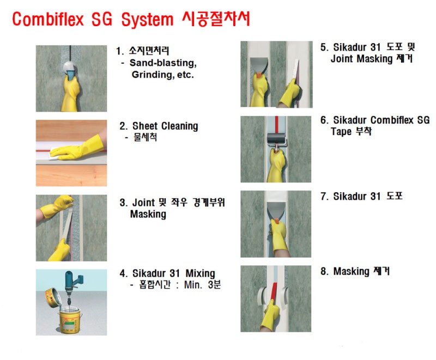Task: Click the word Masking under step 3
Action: [148, 214]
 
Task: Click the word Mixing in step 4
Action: [197, 273]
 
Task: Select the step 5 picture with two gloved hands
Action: [276, 74]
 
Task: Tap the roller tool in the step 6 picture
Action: [276, 139]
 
